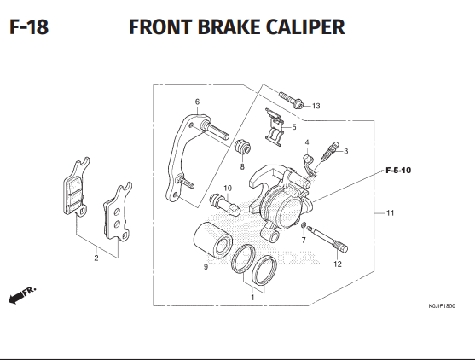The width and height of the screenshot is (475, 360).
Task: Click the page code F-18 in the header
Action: pos(28,26)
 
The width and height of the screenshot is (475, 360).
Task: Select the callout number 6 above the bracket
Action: pos(197,102)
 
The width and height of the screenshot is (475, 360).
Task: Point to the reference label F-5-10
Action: pos(397,171)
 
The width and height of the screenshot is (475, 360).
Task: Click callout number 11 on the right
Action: pos(390,212)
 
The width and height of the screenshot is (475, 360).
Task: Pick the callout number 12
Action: pos(337,264)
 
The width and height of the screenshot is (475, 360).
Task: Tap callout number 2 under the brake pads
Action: pos(96,258)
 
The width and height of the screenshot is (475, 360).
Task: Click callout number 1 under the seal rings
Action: pos(252,298)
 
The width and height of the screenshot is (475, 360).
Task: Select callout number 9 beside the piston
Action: pos(206,267)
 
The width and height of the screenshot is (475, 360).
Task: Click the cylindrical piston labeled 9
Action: pos(213,240)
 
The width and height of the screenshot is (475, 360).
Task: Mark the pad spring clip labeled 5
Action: pos(274,125)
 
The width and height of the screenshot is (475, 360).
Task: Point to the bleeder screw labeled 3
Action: pos(328,154)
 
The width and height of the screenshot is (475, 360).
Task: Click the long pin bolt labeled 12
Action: pos(329,238)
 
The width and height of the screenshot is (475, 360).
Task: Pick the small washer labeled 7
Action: pos(303,225)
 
